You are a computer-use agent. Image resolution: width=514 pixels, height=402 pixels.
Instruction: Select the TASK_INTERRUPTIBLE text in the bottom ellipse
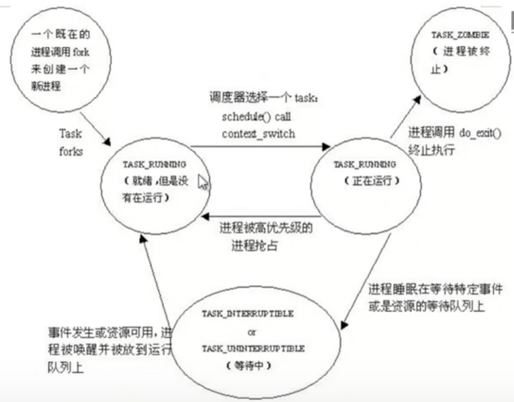248,313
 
